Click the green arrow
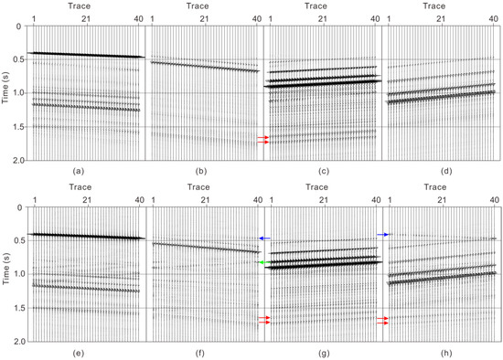(x=262, y=262)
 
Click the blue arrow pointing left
(x=263, y=238)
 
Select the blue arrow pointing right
(x=384, y=235)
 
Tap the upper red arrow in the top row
(x=262, y=137)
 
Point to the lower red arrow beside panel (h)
(x=383, y=323)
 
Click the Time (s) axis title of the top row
(x=7, y=92)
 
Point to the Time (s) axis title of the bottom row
(x=7, y=274)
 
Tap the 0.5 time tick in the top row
(x=16, y=59)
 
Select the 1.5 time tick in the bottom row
(x=16, y=308)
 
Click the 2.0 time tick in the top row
(x=16, y=161)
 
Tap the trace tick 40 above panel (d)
(x=494, y=18)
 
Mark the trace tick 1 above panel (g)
(x=271, y=200)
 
